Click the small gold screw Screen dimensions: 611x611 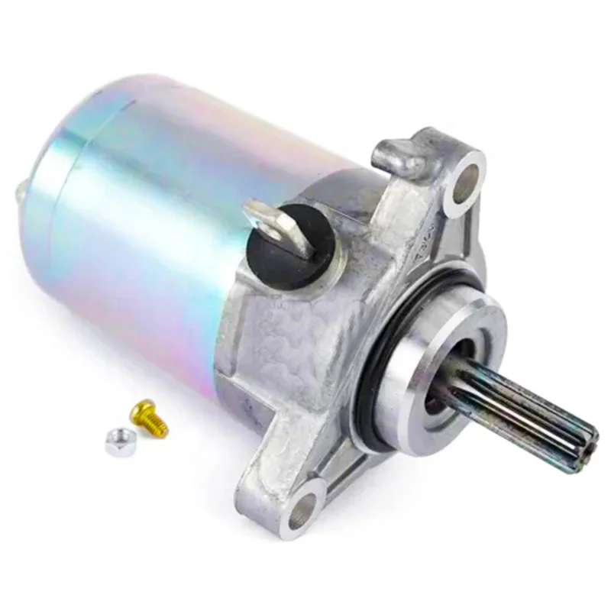pyautogui.click(x=150, y=419)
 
